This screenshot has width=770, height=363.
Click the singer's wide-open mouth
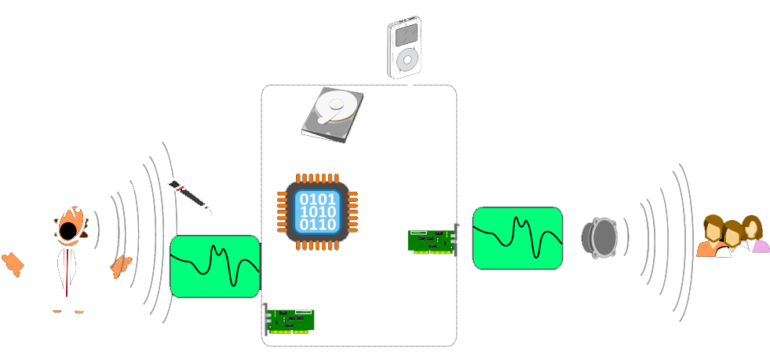pyautogui.click(x=70, y=227)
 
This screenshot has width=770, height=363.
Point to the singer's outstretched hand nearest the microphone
pyautogui.click(x=120, y=266)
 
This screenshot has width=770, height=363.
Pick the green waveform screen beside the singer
pyautogui.click(x=215, y=266)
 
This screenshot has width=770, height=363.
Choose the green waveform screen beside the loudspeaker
pyautogui.click(x=517, y=238)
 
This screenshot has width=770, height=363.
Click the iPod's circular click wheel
pyautogui.click(x=404, y=62)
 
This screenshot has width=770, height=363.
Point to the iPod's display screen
pyautogui.click(x=404, y=35)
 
